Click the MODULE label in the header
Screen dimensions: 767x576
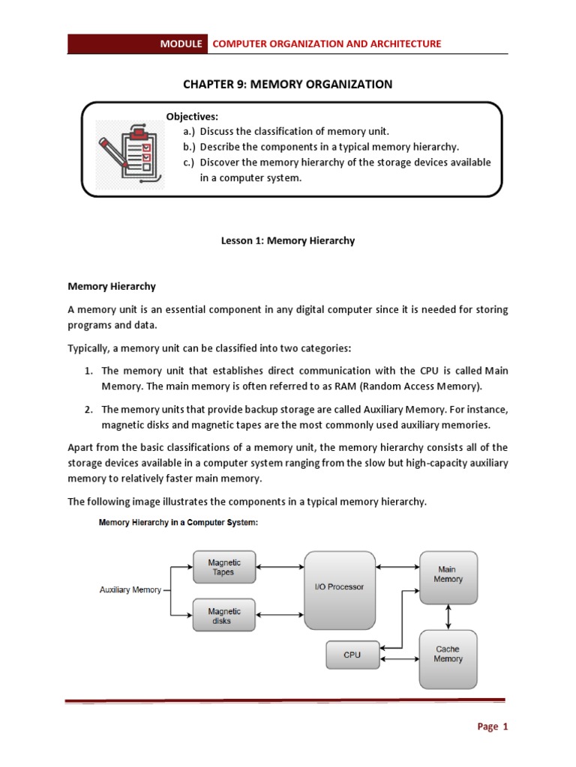click(181, 44)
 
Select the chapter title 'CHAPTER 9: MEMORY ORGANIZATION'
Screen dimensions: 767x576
click(287, 84)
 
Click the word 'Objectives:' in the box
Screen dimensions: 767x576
click(192, 117)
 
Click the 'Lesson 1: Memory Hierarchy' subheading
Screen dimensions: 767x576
click(287, 241)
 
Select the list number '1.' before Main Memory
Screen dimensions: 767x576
click(88, 371)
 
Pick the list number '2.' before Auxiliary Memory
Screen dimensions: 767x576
click(88, 410)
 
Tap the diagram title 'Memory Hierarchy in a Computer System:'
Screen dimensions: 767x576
click(178, 524)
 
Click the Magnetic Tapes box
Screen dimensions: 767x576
click(223, 567)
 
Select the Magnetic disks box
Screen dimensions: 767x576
click(223, 616)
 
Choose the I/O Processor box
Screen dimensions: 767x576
click(339, 590)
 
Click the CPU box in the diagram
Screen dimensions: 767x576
click(352, 655)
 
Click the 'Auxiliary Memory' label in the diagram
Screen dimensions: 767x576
click(130, 590)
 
